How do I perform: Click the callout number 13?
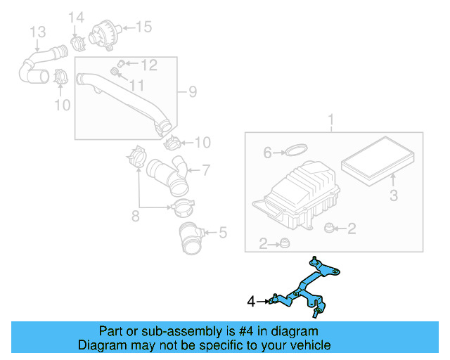37,32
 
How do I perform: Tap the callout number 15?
143,28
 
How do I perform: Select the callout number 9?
191,91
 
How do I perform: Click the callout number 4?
252,302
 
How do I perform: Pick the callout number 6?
267,152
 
